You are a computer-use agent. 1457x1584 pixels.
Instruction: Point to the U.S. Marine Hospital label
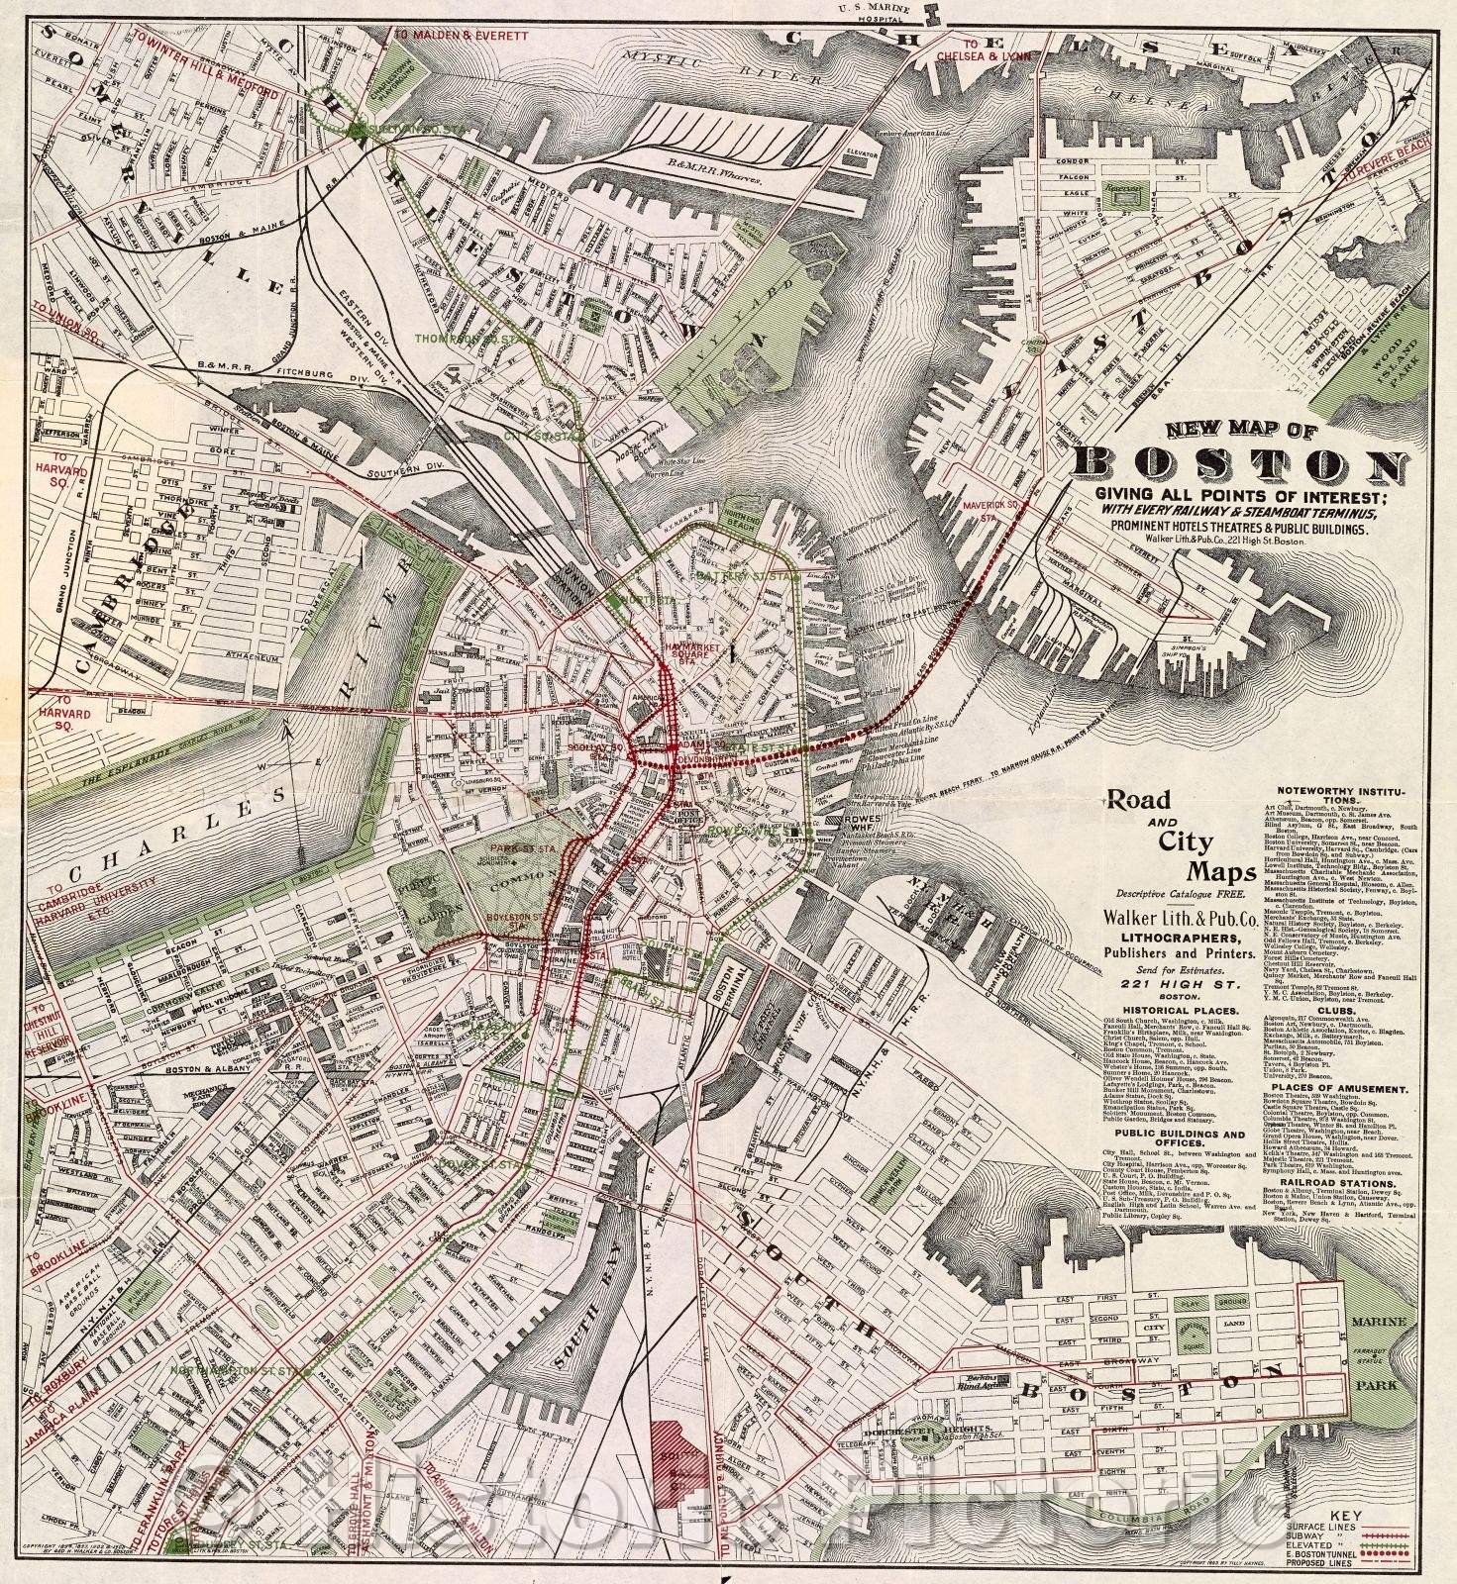[873, 13]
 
